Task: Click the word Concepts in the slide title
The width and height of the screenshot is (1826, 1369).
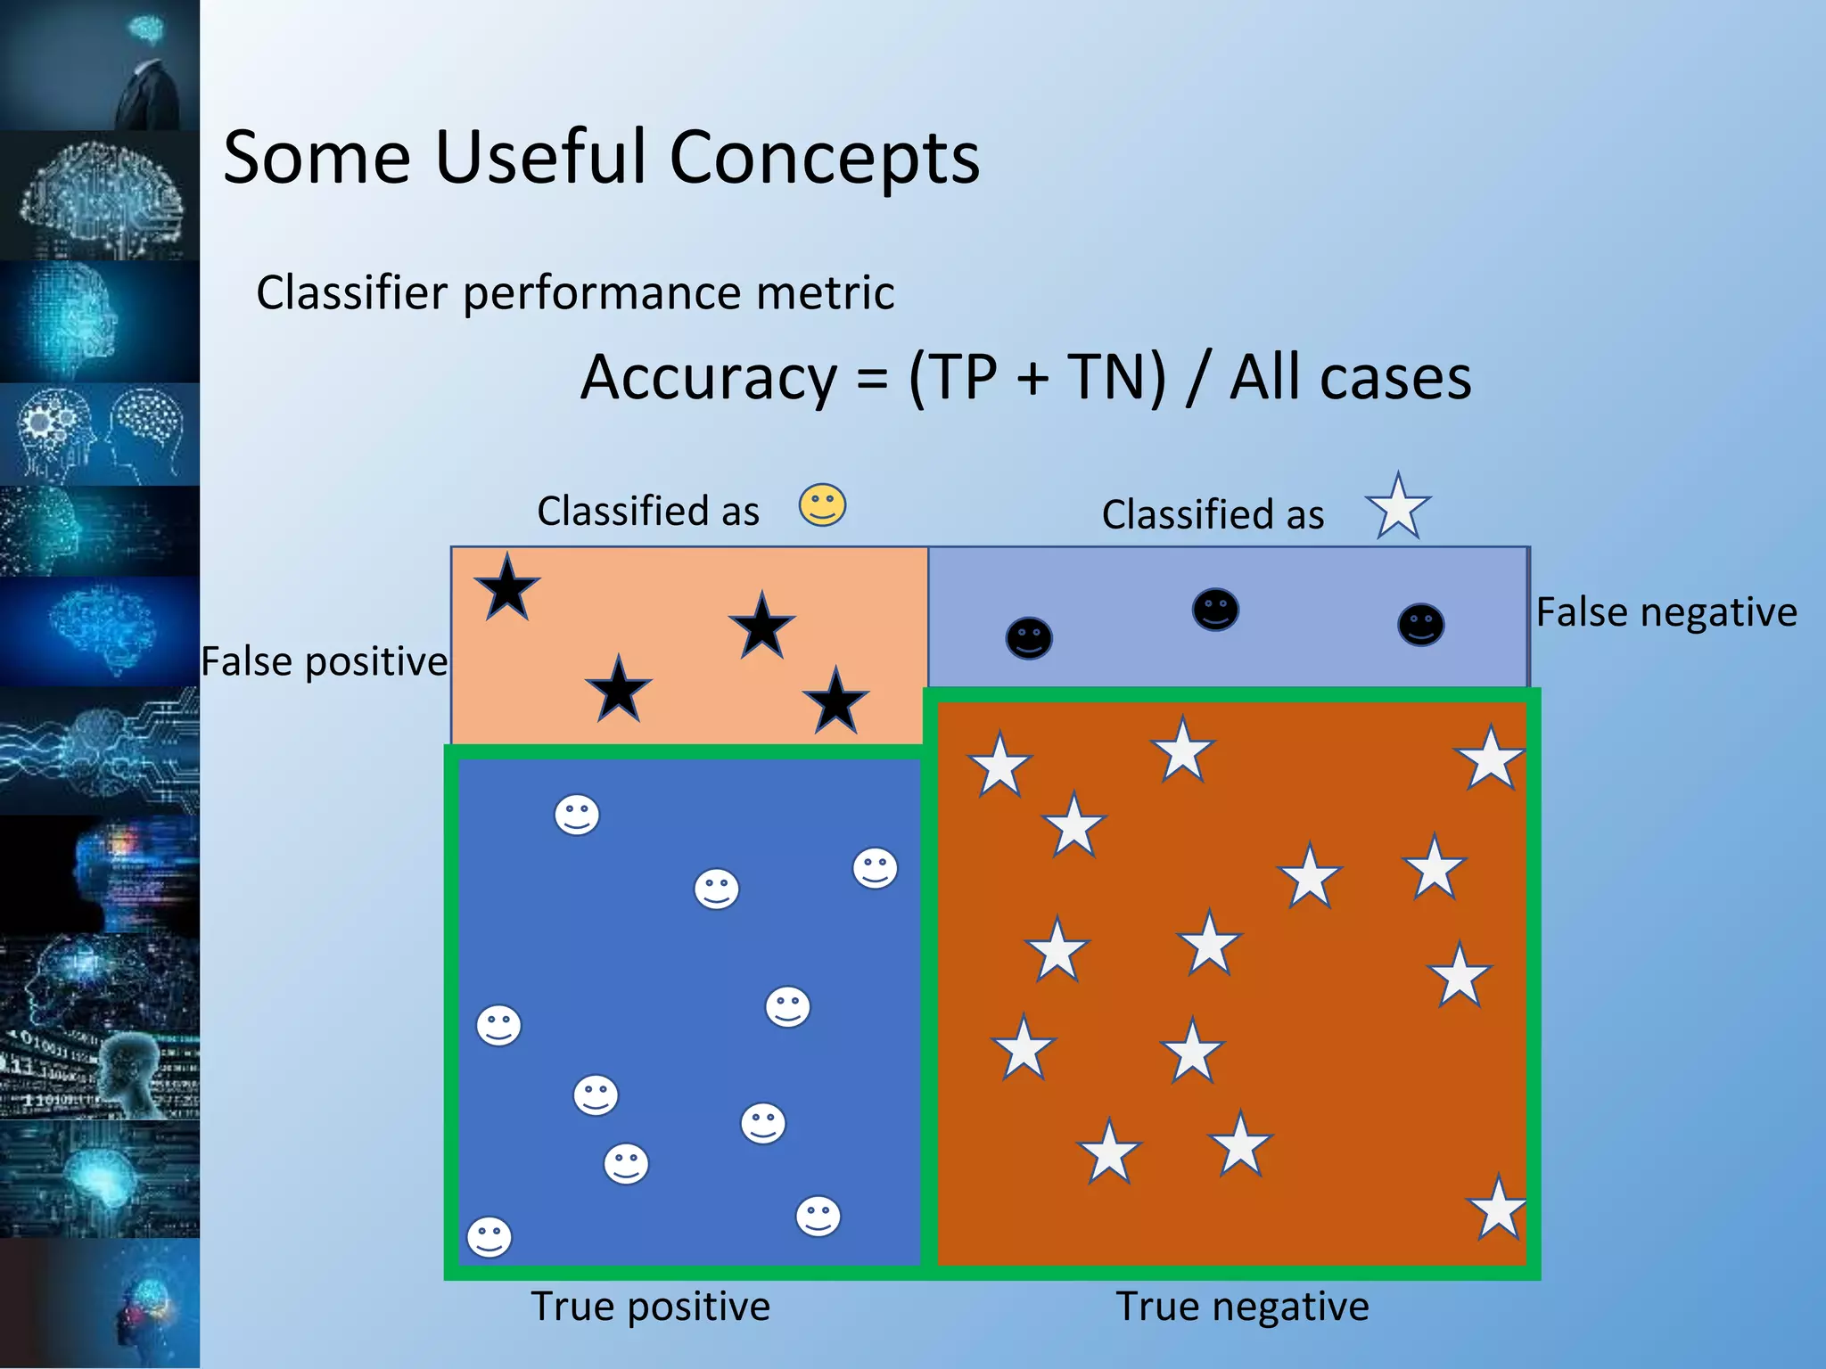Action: tap(824, 158)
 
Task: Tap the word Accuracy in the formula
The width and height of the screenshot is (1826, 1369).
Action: tap(709, 378)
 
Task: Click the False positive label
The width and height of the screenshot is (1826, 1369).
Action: tap(324, 662)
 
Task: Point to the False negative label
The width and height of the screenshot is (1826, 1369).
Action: tap(1666, 613)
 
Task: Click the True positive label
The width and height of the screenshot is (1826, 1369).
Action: tap(650, 1307)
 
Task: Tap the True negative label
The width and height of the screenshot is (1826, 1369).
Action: tap(1241, 1307)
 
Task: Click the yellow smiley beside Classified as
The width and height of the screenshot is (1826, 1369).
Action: tap(821, 505)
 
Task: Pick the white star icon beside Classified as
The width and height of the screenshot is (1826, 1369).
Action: tap(1397, 507)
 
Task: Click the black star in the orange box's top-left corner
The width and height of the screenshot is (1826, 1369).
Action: tap(506, 588)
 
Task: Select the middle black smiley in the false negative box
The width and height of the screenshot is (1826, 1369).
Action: tap(1214, 611)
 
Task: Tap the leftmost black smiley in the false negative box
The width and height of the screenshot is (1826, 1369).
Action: tap(1029, 638)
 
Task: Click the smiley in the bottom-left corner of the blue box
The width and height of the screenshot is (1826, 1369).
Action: tap(489, 1237)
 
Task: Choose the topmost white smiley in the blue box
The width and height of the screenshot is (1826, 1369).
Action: tap(577, 815)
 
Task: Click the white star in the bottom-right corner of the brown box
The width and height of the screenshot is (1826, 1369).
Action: tap(1497, 1209)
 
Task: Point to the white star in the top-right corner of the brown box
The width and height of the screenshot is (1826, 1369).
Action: tap(1490, 759)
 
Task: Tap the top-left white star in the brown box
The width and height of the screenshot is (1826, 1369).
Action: tap(999, 765)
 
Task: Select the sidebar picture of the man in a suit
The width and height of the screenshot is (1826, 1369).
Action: tap(99, 65)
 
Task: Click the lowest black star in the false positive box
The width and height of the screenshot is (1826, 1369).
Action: tap(835, 702)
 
